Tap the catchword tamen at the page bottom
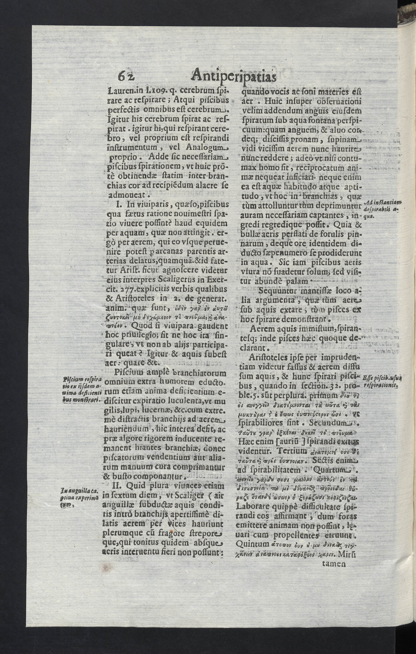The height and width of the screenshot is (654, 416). click(x=334, y=564)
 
